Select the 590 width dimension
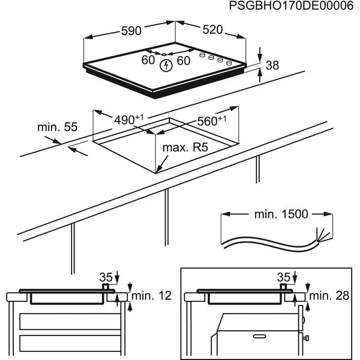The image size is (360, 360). pyautogui.click(x=131, y=31)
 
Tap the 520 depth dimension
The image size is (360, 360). pyautogui.click(x=212, y=30)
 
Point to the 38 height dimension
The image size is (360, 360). pyautogui.click(x=273, y=65)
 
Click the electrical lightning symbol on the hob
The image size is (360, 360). pyautogui.click(x=166, y=65)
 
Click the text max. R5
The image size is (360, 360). pyautogui.click(x=185, y=148)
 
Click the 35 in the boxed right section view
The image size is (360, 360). pyautogui.click(x=283, y=277)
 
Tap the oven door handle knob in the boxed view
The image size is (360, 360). pyautogui.click(x=306, y=338)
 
